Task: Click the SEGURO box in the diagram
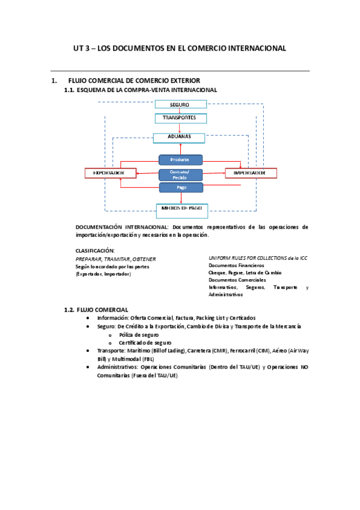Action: click(x=180, y=104)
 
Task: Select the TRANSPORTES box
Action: click(x=180, y=118)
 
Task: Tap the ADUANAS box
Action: click(x=180, y=137)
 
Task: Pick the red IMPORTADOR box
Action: click(x=251, y=173)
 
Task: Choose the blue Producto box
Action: click(x=180, y=159)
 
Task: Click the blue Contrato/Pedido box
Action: click(x=180, y=174)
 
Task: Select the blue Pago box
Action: click(x=180, y=188)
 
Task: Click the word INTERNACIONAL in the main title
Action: click(x=252, y=48)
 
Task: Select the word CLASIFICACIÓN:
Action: click(x=95, y=250)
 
